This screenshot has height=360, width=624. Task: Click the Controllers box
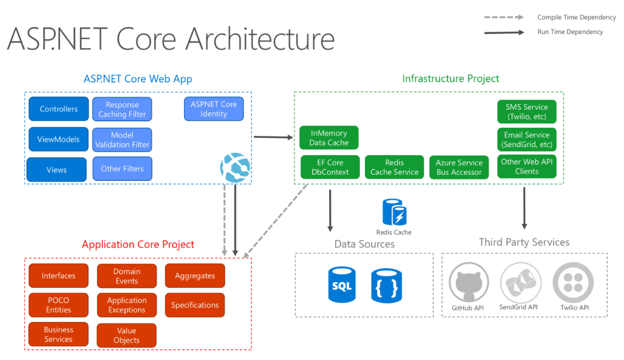(x=58, y=109)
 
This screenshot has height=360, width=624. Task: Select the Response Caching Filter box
(x=122, y=109)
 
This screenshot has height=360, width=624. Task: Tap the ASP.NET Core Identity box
(x=213, y=109)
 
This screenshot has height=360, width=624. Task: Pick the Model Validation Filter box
(x=122, y=140)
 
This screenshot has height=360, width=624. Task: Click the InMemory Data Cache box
(x=329, y=138)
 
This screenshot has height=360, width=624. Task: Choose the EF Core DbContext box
(x=330, y=167)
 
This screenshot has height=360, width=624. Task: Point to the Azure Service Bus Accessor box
(x=459, y=167)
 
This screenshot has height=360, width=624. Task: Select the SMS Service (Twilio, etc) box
(x=526, y=111)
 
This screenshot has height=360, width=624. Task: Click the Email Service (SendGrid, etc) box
(x=526, y=140)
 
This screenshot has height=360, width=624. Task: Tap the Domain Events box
(x=127, y=276)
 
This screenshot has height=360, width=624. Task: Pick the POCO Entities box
(x=58, y=305)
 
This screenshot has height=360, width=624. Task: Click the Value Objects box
(x=127, y=335)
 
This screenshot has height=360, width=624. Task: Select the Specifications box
(x=195, y=305)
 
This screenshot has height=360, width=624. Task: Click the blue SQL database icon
(x=342, y=285)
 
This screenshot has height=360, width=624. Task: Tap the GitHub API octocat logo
(x=468, y=284)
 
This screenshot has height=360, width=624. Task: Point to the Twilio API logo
(x=573, y=284)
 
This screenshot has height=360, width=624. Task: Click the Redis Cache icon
(x=394, y=213)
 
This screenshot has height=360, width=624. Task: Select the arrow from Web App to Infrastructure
(x=274, y=137)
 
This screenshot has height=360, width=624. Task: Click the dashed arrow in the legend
(x=503, y=17)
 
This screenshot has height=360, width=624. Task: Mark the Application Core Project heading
(x=138, y=244)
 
